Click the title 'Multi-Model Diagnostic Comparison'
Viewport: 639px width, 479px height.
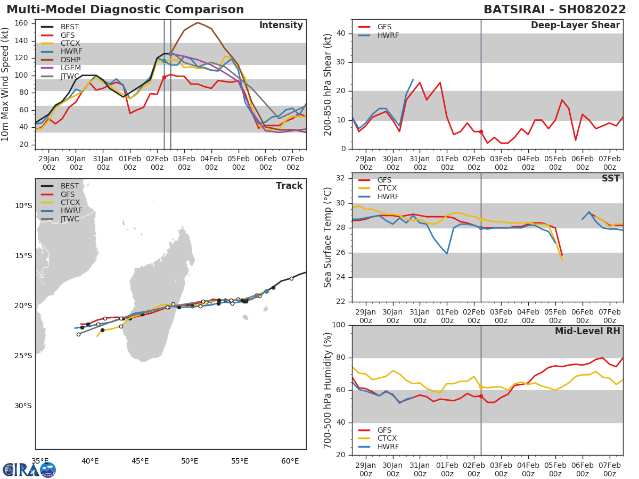pyautogui.click(x=125, y=10)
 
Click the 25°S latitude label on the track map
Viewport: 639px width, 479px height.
pyautogui.click(x=23, y=356)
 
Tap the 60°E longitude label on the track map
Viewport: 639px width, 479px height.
pyautogui.click(x=290, y=461)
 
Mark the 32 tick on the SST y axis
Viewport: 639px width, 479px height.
pyautogui.click(x=341, y=178)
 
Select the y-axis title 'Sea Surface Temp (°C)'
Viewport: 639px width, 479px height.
pyautogui.click(x=328, y=237)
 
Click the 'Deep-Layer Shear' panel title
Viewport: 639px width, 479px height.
pyautogui.click(x=575, y=26)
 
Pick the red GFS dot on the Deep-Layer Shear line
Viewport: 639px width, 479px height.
pyautogui.click(x=481, y=131)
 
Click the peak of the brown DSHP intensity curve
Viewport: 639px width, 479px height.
pyautogui.click(x=198, y=22)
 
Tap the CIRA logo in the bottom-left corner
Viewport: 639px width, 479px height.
pyautogui.click(x=29, y=469)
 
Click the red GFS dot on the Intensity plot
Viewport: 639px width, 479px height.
pyautogui.click(x=164, y=77)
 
